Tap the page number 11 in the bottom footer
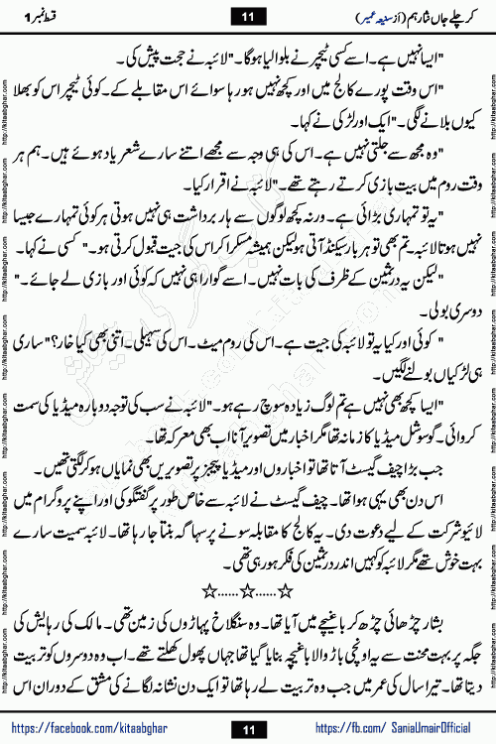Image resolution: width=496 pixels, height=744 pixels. click(x=249, y=728)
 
